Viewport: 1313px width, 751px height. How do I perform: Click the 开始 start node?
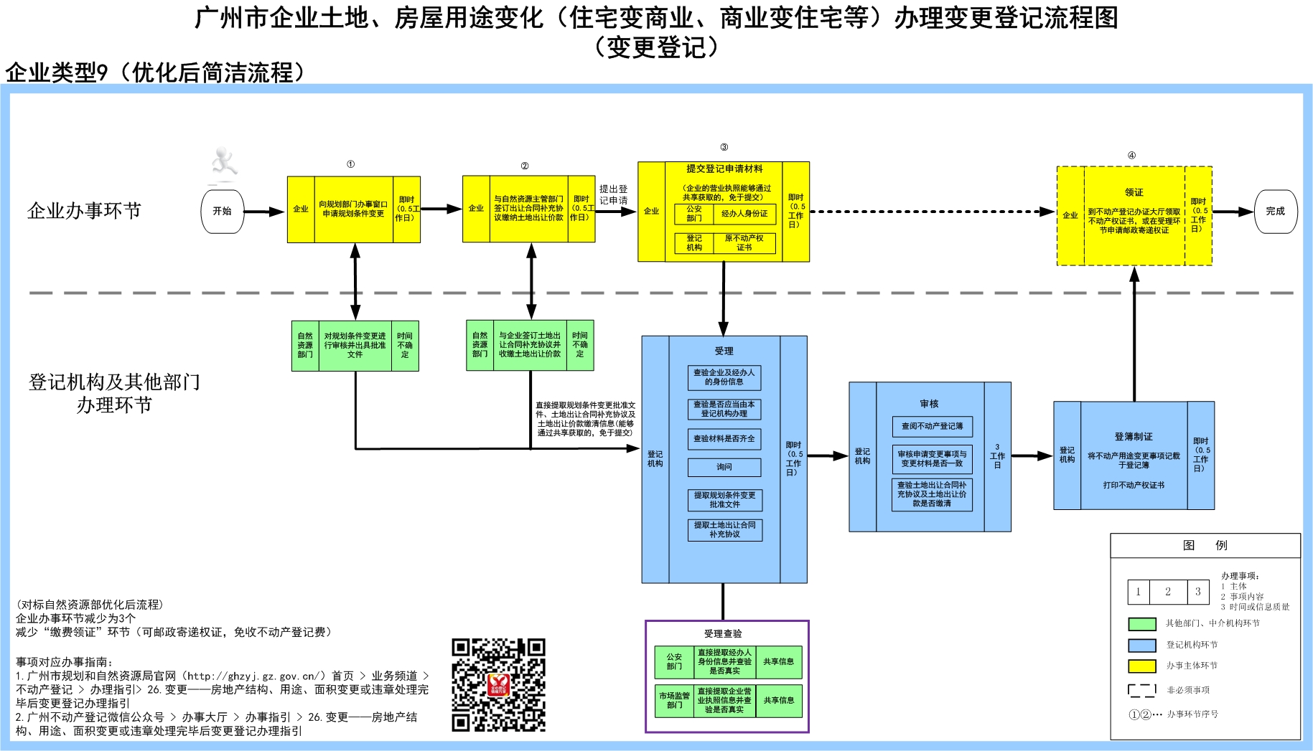coord(222,211)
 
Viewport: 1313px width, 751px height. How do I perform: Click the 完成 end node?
coord(1275,211)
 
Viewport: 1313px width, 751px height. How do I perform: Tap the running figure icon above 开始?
coord(224,163)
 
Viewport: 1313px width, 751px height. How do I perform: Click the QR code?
coord(498,684)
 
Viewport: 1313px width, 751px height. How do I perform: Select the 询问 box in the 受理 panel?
coord(724,467)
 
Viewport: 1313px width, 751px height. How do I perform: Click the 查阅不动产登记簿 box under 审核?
coord(933,426)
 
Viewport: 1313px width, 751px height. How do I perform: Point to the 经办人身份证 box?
coord(744,214)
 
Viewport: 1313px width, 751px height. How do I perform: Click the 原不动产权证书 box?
coord(744,242)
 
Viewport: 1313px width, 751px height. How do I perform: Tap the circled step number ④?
coord(1131,155)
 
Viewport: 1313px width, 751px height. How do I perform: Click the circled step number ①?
coord(350,164)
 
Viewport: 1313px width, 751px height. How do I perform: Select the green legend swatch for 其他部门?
coord(1141,624)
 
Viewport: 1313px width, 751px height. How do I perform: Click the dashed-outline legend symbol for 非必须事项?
coord(1141,690)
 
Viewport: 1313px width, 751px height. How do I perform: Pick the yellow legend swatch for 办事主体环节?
coord(1141,666)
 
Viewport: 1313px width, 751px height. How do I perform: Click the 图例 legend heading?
coord(1205,545)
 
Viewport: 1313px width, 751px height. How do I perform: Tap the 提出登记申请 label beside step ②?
coord(613,194)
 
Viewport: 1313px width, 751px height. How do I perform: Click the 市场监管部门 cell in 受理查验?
coord(674,700)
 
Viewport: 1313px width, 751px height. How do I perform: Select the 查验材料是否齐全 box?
coord(724,438)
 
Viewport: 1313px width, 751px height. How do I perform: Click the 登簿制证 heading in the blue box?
coord(1134,436)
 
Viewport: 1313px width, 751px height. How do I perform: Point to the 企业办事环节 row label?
coord(84,210)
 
